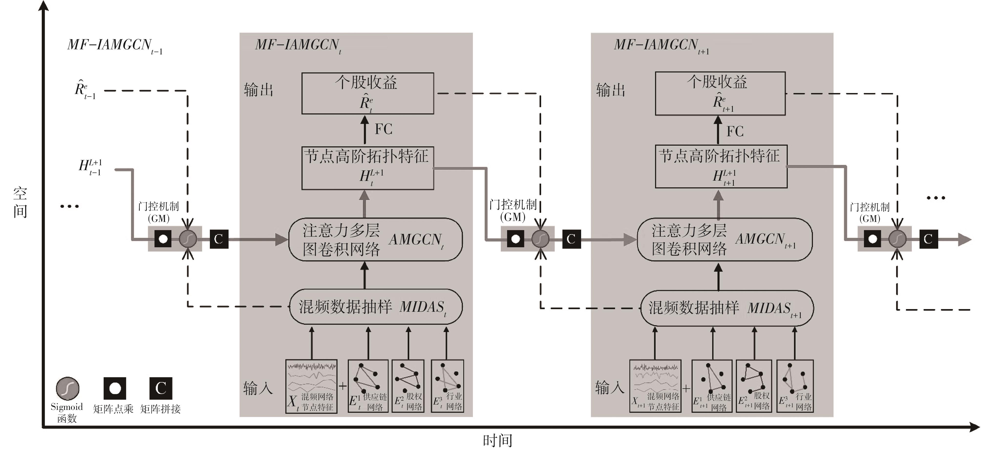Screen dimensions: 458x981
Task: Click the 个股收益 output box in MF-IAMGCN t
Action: point(367,93)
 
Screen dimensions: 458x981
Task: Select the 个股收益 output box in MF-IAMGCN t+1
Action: point(720,93)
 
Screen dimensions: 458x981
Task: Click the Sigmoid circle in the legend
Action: point(67,388)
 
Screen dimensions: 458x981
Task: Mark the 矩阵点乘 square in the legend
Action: point(115,388)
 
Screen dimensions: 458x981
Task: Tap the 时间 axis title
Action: point(497,441)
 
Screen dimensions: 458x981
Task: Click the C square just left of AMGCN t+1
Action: point(571,239)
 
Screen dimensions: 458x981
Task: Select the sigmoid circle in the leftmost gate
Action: point(188,239)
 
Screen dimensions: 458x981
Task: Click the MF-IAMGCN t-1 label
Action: point(114,46)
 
